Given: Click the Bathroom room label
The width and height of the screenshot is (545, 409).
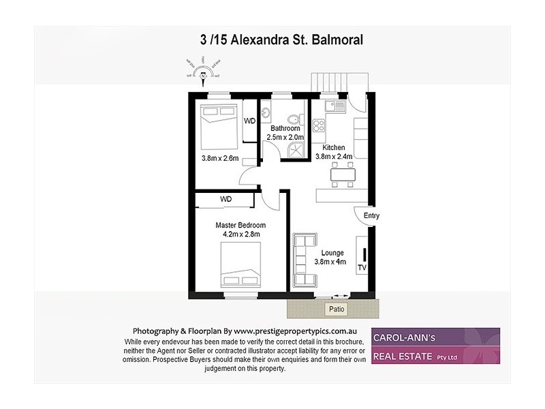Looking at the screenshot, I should point(285,128).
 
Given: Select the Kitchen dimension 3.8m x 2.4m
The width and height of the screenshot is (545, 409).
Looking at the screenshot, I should point(334,157).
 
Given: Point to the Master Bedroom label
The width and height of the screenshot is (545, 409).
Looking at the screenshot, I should point(240,225).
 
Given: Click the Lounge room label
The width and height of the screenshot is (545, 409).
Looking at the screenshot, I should point(330,253).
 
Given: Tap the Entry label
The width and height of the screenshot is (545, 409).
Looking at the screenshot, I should point(371,216).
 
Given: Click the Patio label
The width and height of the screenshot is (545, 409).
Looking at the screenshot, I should point(337,309).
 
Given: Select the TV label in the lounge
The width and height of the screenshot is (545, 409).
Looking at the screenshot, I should point(362,268).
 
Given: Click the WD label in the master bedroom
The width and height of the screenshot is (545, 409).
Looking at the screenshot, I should point(225,199).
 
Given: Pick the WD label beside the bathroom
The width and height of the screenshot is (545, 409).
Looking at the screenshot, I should point(250,121).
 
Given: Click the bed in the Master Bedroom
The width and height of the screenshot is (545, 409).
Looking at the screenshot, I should point(240,267).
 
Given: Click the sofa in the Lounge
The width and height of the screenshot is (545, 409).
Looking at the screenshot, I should point(304,260).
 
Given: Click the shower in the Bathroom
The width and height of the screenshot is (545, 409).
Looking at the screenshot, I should point(297,150).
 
